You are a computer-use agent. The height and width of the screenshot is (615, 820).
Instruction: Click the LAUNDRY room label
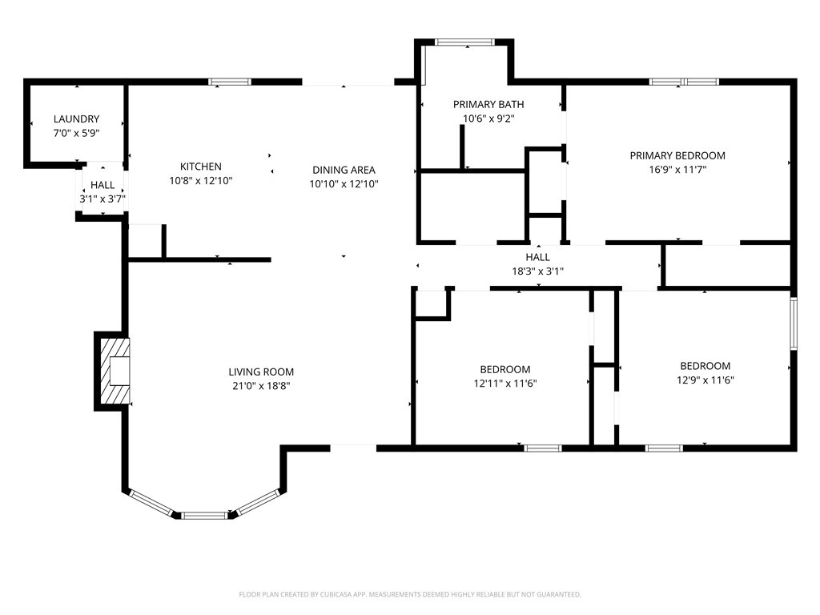pos(76,119)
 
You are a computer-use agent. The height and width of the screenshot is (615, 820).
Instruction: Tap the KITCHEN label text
pos(201,167)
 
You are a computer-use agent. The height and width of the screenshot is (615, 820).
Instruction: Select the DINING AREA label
pos(344,170)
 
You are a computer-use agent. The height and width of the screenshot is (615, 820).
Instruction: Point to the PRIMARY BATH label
pos(488,104)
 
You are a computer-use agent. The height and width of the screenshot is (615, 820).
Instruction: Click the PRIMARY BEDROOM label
pos(677,155)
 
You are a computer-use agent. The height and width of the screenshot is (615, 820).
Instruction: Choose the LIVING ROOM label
pos(261,372)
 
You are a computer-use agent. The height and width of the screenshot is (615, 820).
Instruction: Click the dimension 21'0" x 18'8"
pos(261,386)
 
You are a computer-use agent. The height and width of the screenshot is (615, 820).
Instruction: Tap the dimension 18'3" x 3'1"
pos(537,271)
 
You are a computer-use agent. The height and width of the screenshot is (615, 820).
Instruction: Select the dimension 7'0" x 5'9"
pos(76,133)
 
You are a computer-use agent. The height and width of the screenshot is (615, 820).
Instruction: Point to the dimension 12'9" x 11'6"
pos(705,380)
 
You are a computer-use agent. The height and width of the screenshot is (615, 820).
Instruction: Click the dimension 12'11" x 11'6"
pos(505,384)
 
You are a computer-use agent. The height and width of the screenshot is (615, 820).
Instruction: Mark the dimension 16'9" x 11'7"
pos(677,170)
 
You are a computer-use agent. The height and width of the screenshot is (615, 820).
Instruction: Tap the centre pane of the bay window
pos(204,515)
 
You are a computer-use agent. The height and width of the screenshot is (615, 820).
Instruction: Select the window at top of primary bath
pos(464,42)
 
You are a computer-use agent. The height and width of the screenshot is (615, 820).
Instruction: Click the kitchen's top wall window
pos(230,82)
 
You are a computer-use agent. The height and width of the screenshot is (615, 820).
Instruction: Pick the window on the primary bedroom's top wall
pos(684,82)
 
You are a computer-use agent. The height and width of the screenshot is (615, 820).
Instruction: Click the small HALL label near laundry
pos(102,185)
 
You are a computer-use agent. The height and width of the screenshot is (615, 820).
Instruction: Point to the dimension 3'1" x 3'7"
pos(102,199)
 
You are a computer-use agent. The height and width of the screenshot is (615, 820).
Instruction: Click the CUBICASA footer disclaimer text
pos(410,594)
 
